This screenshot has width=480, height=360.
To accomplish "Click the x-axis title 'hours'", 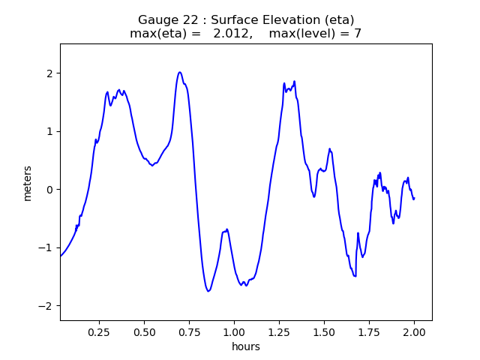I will click(x=246, y=346).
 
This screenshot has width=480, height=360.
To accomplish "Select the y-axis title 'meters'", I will click(x=28, y=183).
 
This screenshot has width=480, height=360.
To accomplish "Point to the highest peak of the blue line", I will click(x=180, y=72).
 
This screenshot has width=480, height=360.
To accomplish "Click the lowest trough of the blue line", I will click(x=208, y=291).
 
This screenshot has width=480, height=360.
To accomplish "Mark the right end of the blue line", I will click(x=414, y=198).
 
